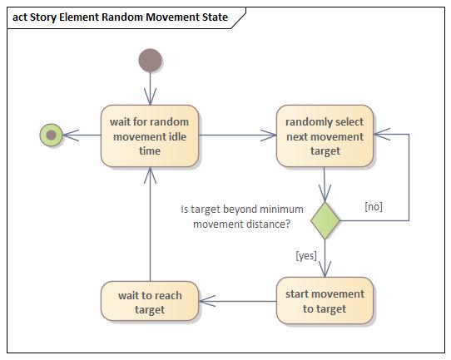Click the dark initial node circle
pos(150,61)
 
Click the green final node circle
pos(51,134)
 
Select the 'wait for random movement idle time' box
pos(150,135)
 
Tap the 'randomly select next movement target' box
pos(325,135)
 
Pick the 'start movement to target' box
pos(325,300)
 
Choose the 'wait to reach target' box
pos(150,302)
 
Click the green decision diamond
pos(325,220)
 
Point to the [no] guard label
pos(374,206)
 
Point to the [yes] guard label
pos(306,255)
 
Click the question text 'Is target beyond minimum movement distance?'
pos(242,216)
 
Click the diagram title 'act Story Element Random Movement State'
pos(121,17)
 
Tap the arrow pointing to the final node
pos(82,135)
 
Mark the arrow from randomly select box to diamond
pos(325,184)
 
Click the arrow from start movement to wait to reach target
pos(238,301)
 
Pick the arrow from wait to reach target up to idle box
pos(150,224)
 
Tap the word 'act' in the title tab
pos(22,17)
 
